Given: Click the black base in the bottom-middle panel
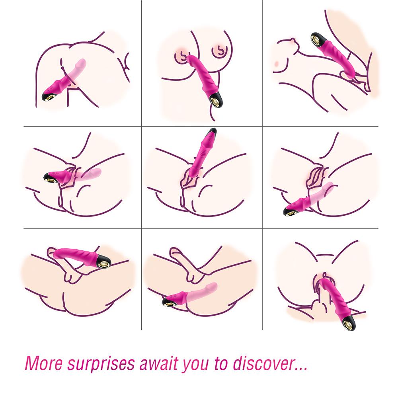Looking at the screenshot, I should [x=166, y=302].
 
